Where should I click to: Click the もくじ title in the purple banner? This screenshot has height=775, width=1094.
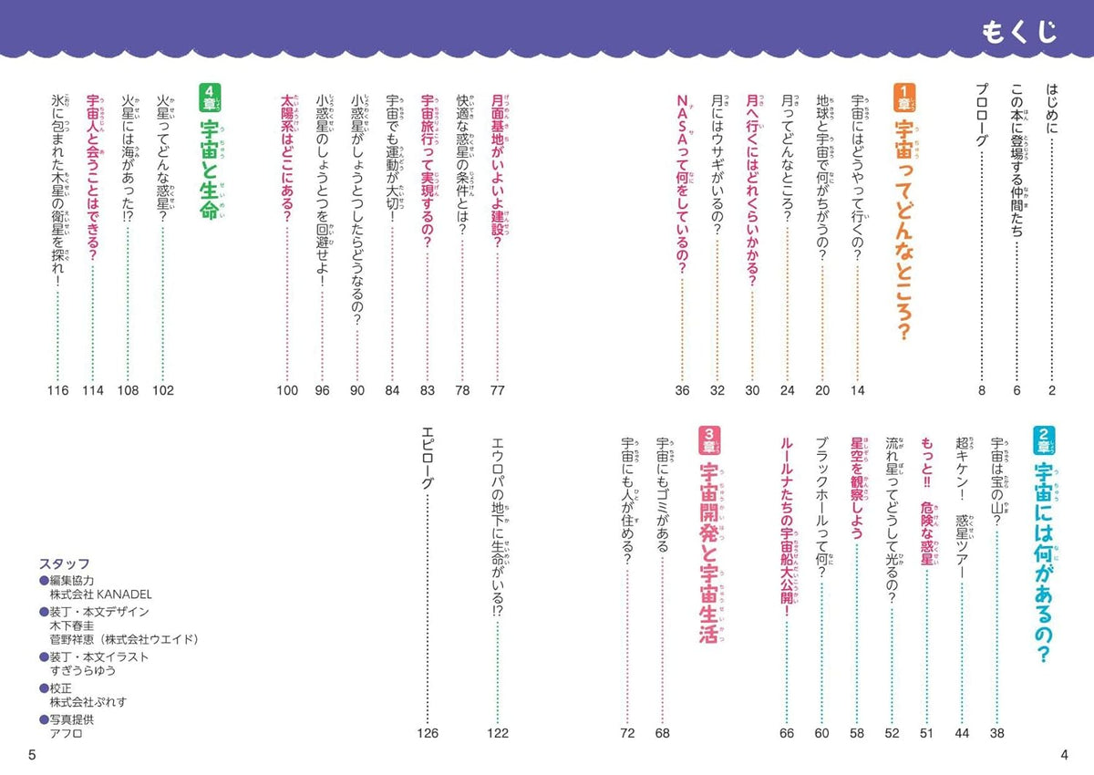coord(1019,32)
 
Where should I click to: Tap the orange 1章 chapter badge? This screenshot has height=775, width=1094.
coord(904,98)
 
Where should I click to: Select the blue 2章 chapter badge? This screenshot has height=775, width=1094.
coord(1044,440)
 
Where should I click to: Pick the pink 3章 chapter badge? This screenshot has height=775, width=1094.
coord(709,440)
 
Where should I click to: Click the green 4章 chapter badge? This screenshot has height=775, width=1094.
coord(210,98)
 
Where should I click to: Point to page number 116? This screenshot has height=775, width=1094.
coord(57,390)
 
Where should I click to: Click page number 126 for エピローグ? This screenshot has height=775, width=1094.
coord(428,733)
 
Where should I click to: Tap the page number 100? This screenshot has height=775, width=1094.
coord(287,390)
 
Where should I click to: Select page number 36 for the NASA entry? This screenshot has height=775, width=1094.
coord(682,390)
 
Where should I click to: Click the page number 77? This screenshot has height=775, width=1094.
coord(497,390)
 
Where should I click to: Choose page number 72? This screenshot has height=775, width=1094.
coord(627,733)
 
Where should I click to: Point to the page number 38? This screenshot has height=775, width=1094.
coord(996,733)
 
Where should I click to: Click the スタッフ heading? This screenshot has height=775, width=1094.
coord(65,564)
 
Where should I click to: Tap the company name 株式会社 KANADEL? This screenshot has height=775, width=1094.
coord(100,594)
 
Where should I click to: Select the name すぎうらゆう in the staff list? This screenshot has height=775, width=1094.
coord(83,670)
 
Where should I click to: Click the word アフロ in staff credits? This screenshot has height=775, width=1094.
coord(66,733)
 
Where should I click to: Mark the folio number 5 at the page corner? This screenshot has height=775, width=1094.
coord(32,755)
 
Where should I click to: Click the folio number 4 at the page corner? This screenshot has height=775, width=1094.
coord(1064,755)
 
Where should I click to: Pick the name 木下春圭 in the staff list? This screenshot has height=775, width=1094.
coord(72,625)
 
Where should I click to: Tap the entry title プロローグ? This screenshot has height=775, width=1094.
coord(982,115)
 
